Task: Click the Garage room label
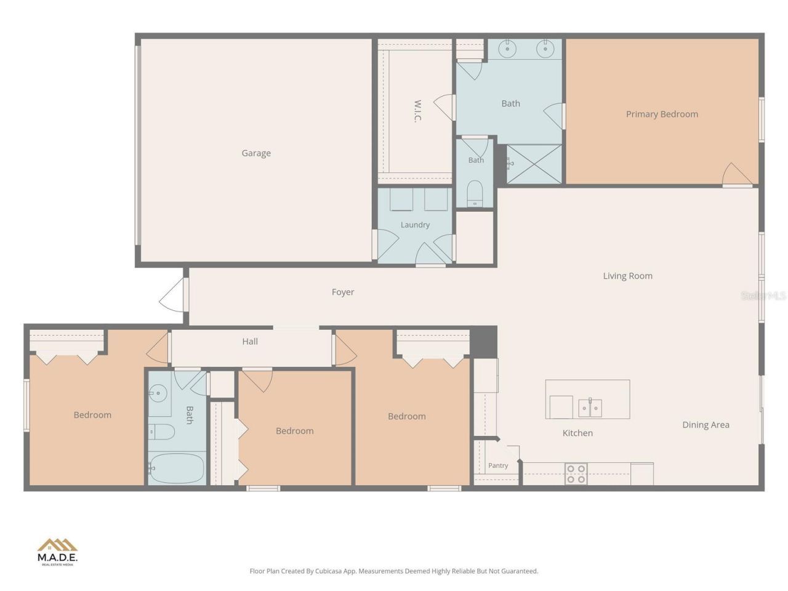(x=256, y=153)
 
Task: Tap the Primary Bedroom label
(x=662, y=114)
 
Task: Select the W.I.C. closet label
(x=417, y=111)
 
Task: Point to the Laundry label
(x=415, y=225)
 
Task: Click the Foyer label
(x=342, y=292)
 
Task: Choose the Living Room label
(x=627, y=276)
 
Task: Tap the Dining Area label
(x=706, y=425)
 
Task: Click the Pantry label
(x=498, y=465)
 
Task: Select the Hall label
(x=250, y=341)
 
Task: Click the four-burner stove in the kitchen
(x=576, y=473)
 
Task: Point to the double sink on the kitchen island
(x=590, y=408)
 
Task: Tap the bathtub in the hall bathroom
(x=177, y=468)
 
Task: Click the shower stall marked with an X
(x=534, y=164)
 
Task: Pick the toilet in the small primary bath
(x=475, y=194)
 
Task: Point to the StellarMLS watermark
(x=763, y=295)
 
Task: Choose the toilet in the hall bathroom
(x=161, y=432)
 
